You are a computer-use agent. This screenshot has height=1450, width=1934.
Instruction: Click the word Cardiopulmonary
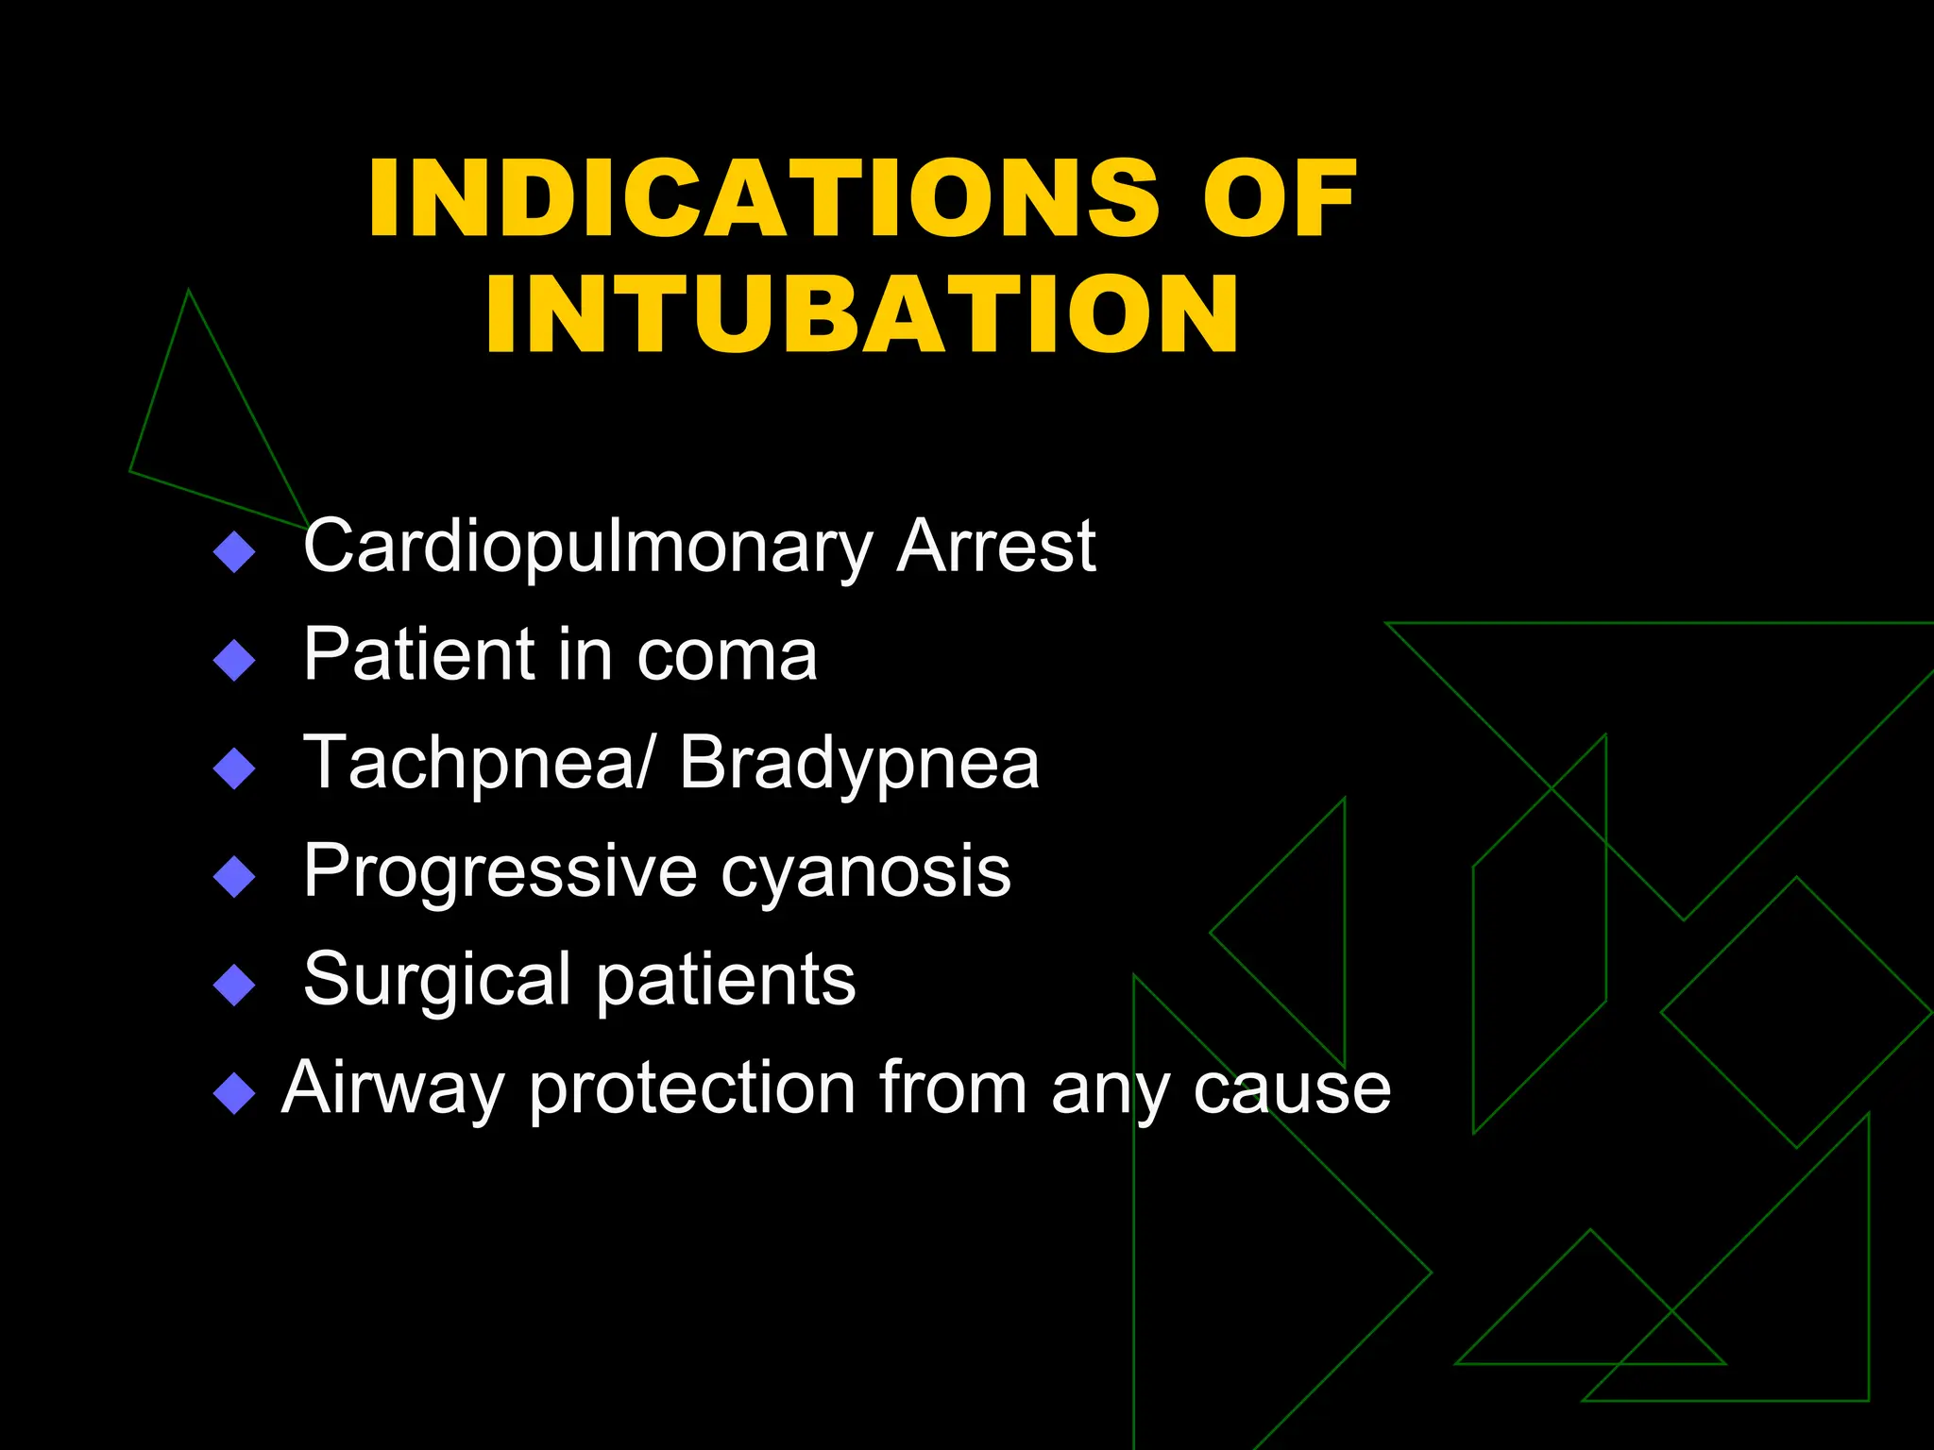587,548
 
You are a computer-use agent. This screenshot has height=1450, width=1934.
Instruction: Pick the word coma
726,655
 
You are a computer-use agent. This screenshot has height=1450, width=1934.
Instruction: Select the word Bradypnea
858,764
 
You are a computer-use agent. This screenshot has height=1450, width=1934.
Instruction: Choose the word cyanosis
865,872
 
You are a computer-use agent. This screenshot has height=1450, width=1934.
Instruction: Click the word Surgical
437,980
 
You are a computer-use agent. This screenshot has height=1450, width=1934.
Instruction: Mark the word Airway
392,1089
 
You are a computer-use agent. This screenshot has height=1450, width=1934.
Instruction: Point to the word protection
692,1089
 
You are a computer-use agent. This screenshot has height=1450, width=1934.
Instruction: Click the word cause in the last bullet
1291,1089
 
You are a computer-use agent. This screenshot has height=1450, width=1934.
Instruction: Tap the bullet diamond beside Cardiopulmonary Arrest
234,552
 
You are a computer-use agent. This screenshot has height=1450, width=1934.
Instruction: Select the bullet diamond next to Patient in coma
234,661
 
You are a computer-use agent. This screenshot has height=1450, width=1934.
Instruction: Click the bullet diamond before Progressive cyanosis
234,877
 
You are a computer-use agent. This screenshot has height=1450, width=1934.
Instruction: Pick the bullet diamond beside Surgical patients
234,985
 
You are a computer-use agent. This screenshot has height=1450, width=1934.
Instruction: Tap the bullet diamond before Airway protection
234,1094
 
